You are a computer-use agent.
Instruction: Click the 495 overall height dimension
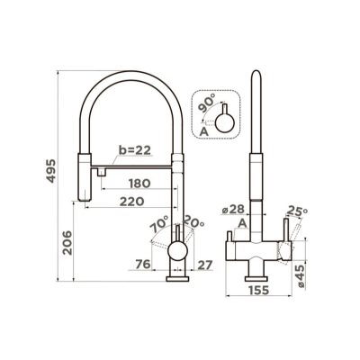[x=52, y=171]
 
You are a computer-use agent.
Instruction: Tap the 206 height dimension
[x=67, y=243]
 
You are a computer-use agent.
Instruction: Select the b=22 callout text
[x=135, y=150]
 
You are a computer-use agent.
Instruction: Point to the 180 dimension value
[x=139, y=184]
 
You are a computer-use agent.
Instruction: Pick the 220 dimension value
[x=132, y=202]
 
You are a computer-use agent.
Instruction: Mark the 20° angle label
[x=193, y=221]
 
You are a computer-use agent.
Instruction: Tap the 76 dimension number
[x=143, y=265]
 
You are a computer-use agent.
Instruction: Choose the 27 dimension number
[x=205, y=265]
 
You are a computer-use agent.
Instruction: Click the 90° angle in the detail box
[x=207, y=102]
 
